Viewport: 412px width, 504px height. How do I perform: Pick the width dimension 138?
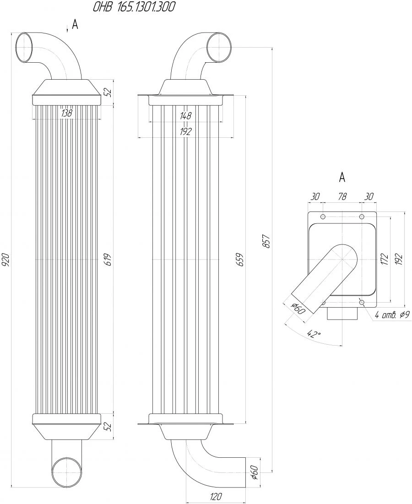[66, 113]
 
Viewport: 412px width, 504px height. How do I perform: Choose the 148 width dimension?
[185, 116]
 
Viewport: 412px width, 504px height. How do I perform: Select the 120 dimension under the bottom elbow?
[216, 496]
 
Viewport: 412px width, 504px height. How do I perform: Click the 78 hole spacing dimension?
[342, 196]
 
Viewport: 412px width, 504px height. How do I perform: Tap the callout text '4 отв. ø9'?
[392, 315]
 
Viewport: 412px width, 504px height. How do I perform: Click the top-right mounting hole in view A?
[362, 217]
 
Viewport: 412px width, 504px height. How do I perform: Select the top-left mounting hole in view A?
[323, 217]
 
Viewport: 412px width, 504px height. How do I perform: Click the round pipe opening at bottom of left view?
[67, 472]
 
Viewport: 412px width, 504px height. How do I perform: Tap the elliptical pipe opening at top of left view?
[25, 48]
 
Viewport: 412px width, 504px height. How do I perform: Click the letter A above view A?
[342, 177]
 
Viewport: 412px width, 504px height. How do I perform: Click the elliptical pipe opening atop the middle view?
[219, 47]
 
